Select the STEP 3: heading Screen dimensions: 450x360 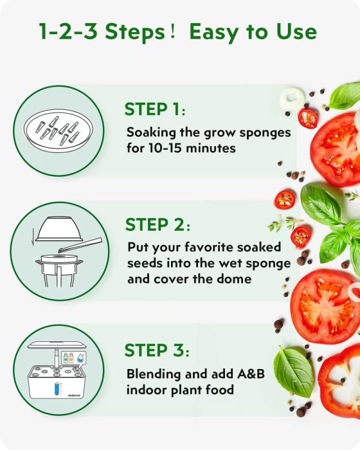[157, 350]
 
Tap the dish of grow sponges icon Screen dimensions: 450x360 [59, 130]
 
